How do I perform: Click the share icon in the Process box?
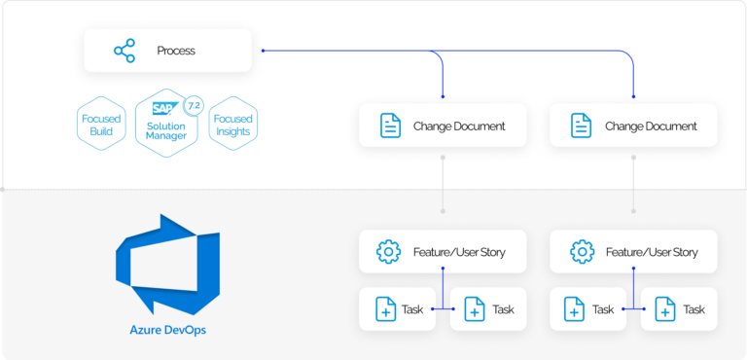pos(124,51)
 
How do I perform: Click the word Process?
pos(176,51)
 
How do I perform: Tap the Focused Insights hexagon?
pos(232,124)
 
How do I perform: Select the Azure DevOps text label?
pos(167,329)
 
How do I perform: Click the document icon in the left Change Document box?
pos(389,126)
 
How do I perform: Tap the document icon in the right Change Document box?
pos(581,126)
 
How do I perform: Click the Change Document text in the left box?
pos(459,126)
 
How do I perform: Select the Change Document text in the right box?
pos(651,126)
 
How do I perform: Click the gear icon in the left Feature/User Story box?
pos(389,252)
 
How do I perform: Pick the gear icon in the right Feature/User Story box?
pos(582,252)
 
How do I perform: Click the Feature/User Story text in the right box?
pos(652,252)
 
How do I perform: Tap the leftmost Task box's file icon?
pos(385,309)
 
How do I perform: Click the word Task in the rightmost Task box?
pos(694,309)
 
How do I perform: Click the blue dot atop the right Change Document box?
pos(635,96)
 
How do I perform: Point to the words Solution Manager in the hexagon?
pos(166,131)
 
